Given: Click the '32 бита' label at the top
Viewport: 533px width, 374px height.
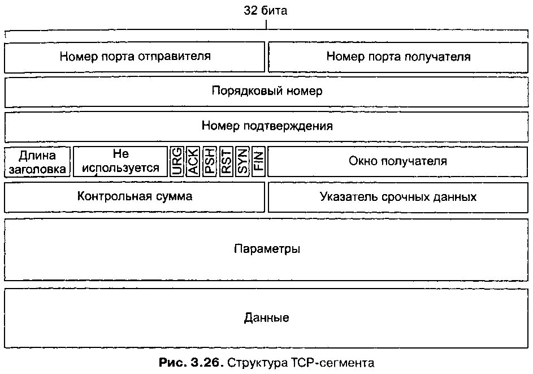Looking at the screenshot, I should pos(265,11).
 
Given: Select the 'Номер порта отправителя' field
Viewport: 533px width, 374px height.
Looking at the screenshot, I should pos(135,57).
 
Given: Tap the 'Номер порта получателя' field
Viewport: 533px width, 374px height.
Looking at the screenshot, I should pos(398,57).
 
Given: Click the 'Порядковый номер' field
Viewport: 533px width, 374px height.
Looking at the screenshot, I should pos(267,91).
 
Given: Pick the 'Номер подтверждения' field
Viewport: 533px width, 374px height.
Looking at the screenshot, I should pos(267,126).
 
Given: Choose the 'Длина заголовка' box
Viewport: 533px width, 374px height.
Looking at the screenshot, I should pos(38,161).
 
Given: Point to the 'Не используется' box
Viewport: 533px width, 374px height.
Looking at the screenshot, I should pos(120,161).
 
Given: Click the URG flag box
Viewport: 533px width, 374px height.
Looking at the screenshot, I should pos(177,161).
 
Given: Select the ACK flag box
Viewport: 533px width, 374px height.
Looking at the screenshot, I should pos(193,161).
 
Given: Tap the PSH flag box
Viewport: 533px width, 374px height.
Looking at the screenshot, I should pos(210,161).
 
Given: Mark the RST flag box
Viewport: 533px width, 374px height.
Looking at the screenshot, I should pos(226,161).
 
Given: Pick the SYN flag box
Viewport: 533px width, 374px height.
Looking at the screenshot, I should pos(242,161).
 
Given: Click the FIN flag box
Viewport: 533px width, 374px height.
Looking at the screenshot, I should pos(258,161).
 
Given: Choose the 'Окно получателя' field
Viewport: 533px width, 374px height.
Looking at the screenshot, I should pos(398,161).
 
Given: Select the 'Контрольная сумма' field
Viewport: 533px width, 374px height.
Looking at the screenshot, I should pos(135,196).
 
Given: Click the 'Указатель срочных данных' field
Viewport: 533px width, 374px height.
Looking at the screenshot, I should pos(398,197).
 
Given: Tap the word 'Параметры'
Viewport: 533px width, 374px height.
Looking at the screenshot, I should pos(267,249).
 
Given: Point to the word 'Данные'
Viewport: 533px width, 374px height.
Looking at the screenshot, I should pos(267,318).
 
